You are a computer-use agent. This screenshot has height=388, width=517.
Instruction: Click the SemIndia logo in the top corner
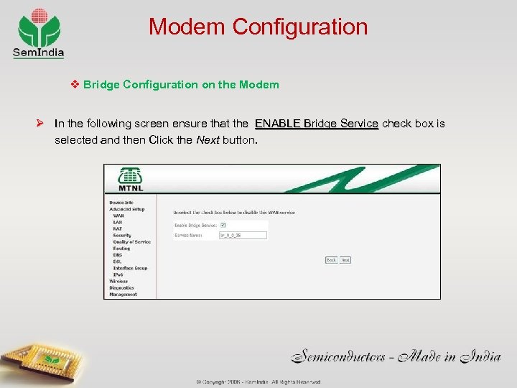pos(39,32)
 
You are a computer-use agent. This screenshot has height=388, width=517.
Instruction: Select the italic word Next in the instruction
pos(208,139)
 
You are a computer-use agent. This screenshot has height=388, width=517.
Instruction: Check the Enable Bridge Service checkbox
pos(223,226)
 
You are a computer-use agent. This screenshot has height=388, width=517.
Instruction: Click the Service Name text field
pos(243,235)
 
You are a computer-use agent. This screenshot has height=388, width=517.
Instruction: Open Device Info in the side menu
pos(121,203)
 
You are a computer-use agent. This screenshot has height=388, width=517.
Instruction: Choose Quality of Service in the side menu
pos(131,242)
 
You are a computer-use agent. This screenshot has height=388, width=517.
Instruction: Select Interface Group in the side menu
pos(130,268)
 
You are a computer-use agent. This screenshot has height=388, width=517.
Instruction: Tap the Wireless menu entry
pos(118,281)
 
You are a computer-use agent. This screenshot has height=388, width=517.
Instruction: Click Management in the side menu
pos(123,294)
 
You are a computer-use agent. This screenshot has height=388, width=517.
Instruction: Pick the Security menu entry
pos(122,235)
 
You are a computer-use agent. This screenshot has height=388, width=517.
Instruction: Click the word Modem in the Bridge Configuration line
pos(260,85)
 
